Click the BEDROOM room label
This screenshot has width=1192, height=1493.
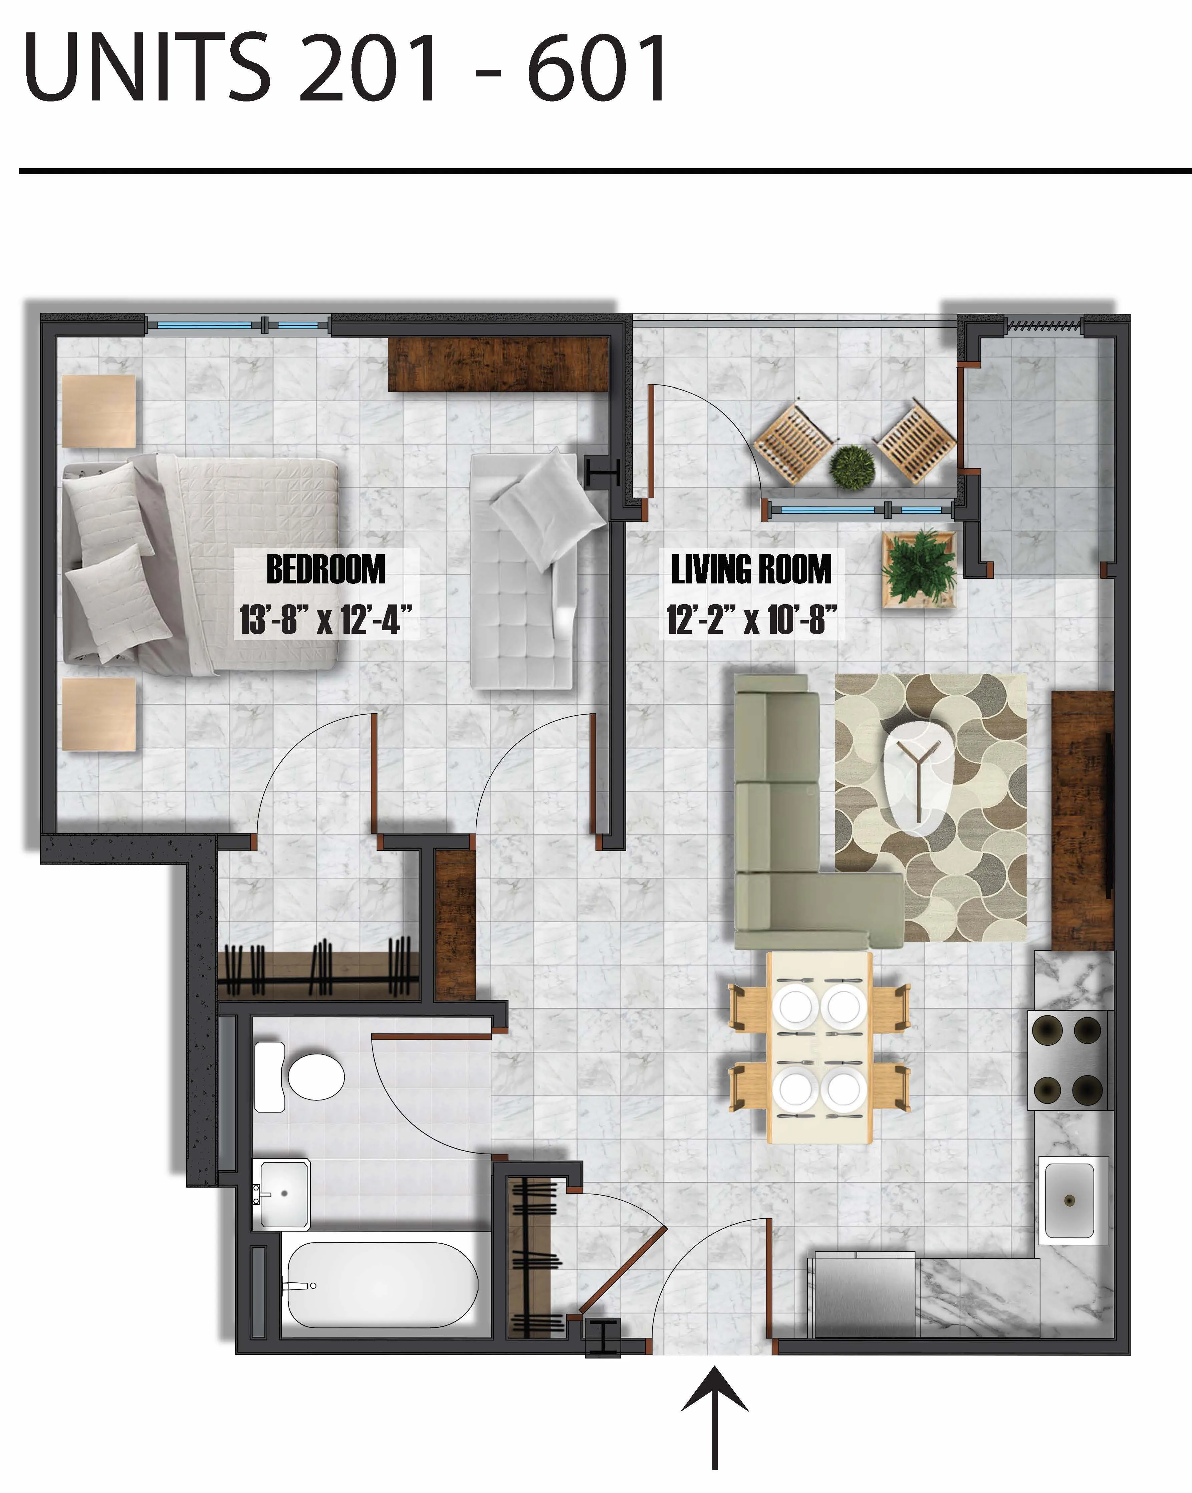click(x=325, y=569)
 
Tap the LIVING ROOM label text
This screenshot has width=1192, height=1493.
click(x=751, y=569)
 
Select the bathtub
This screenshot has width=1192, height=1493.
click(x=381, y=1285)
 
